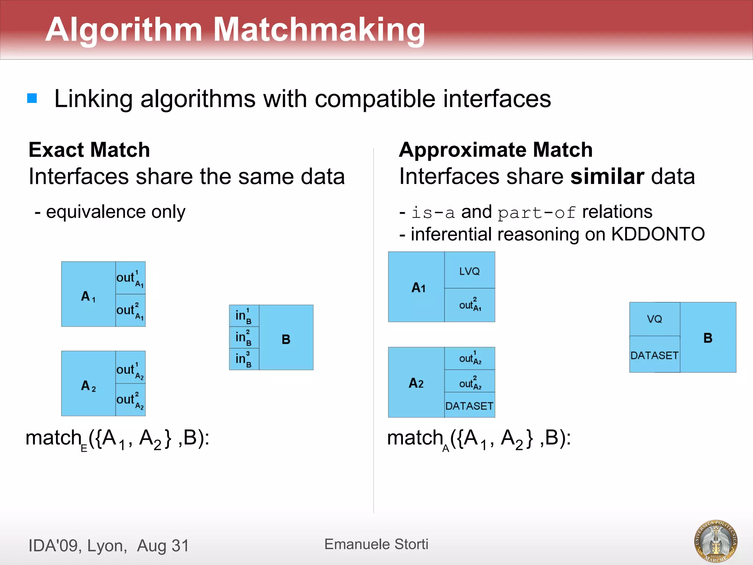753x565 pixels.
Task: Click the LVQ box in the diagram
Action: pyautogui.click(x=470, y=271)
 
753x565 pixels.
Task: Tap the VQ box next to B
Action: pyautogui.click(x=654, y=319)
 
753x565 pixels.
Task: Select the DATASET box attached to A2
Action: pyautogui.click(x=470, y=405)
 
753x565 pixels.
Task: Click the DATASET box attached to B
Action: pyautogui.click(x=654, y=355)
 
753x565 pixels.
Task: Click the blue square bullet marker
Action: pyautogui.click(x=32, y=98)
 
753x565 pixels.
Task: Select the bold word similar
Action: pyautogui.click(x=607, y=176)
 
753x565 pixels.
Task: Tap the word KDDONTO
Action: pyautogui.click(x=658, y=234)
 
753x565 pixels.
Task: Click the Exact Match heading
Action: pyautogui.click(x=89, y=150)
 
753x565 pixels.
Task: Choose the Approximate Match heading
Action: pyautogui.click(x=496, y=150)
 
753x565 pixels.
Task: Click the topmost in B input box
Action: pyautogui.click(x=244, y=316)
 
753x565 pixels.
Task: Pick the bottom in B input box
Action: pyautogui.click(x=244, y=359)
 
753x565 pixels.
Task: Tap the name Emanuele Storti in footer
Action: pyautogui.click(x=376, y=544)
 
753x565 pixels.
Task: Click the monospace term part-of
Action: pyautogui.click(x=536, y=213)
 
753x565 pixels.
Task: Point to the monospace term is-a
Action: pyautogui.click(x=433, y=213)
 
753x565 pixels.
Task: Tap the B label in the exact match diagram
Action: pyautogui.click(x=286, y=339)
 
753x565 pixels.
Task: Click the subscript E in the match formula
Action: pyautogui.click(x=84, y=448)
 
